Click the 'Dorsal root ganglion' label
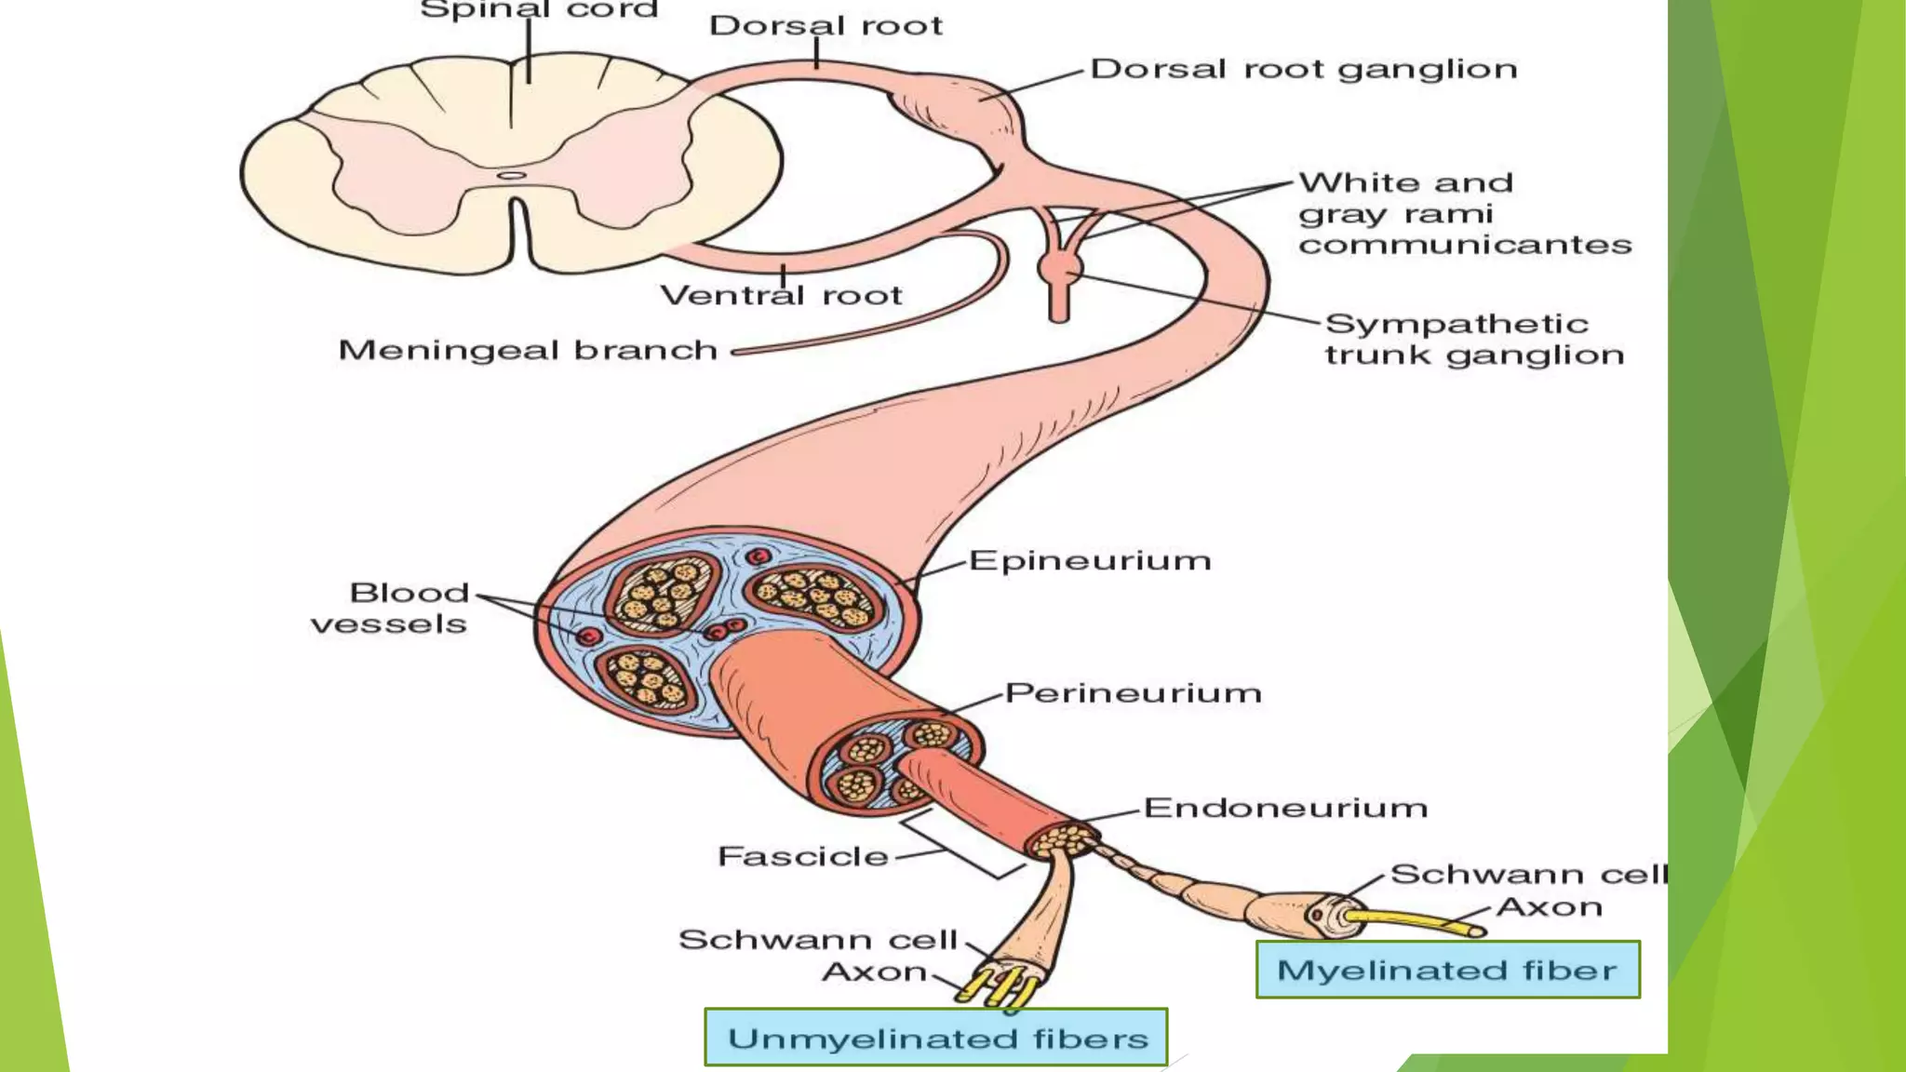tap(1303, 70)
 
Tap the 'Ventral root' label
tap(781, 296)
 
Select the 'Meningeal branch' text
tap(528, 351)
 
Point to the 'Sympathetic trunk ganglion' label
tap(1473, 340)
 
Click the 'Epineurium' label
tap(1090, 561)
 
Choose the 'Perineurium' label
tap(1133, 693)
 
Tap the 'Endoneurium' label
tap(1285, 808)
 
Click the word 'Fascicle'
tap(803, 856)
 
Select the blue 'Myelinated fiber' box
tap(1447, 970)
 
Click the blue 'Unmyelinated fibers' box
tap(936, 1038)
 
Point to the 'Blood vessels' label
tap(391, 609)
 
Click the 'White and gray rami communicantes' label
tap(1463, 214)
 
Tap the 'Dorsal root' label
tap(825, 26)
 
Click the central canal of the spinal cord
tap(511, 175)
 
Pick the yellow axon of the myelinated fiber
tap(1415, 922)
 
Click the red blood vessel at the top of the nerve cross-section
tap(759, 557)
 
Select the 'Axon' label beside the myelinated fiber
tap(1549, 907)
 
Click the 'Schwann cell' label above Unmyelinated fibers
tap(817, 940)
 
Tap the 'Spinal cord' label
tap(539, 10)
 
